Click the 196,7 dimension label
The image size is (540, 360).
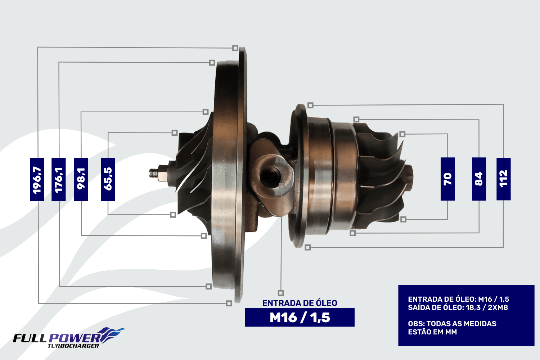pos(37,179)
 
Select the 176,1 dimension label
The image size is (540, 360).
pos(59,179)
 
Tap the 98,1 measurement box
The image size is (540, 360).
pos(81,179)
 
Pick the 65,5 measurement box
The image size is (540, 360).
pos(108,179)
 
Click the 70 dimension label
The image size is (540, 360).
pos(448,179)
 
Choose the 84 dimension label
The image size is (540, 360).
pos(479,179)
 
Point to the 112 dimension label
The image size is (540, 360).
pos(504,179)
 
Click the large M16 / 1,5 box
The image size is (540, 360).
pos(300,317)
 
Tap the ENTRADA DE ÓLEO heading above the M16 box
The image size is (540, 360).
pos(300,303)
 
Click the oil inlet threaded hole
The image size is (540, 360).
pos(270,176)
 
